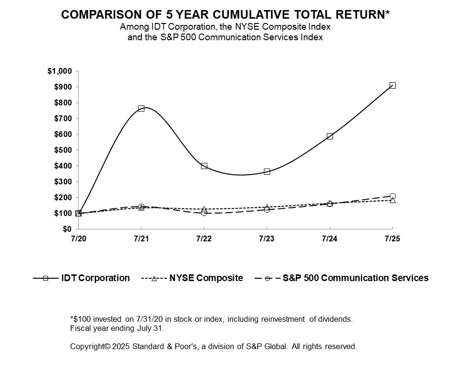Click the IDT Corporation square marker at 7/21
pyautogui.click(x=141, y=108)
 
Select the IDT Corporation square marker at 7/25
pyautogui.click(x=392, y=85)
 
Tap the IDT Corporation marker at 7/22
pyautogui.click(x=204, y=166)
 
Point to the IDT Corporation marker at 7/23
pyautogui.click(x=267, y=171)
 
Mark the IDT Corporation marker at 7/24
pyautogui.click(x=330, y=136)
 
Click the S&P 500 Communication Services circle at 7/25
pyautogui.click(x=392, y=196)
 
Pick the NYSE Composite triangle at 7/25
pyautogui.click(x=392, y=200)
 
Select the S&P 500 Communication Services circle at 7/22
pyautogui.click(x=204, y=213)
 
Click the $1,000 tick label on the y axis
pyautogui.click(x=59, y=71)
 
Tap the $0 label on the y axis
pyautogui.click(x=66, y=229)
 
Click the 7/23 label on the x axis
pyautogui.click(x=267, y=238)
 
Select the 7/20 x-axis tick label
pyautogui.click(x=78, y=238)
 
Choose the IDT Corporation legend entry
pyautogui.click(x=95, y=278)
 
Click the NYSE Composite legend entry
pyautogui.click(x=206, y=278)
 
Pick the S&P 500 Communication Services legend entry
pyautogui.click(x=355, y=278)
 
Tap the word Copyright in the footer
pyautogui.click(x=87, y=346)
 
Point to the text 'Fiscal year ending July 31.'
pyautogui.click(x=117, y=329)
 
